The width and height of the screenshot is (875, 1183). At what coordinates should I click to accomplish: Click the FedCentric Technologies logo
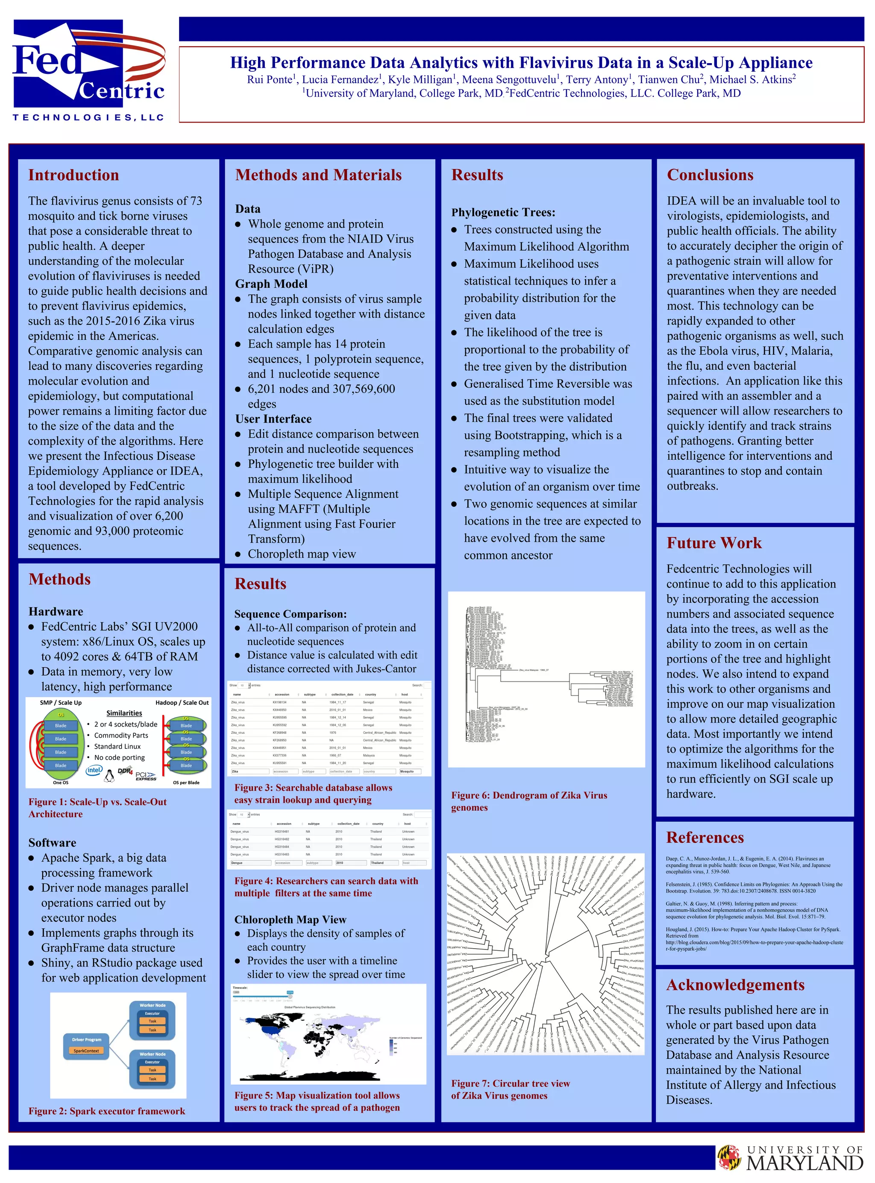coord(89,71)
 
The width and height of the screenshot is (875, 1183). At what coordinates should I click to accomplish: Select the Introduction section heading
coord(73,175)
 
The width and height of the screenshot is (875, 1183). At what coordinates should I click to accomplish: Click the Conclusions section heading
coord(710,175)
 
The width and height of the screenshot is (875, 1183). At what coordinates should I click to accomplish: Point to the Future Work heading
coord(714,543)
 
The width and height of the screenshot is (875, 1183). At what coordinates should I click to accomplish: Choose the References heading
coord(705,837)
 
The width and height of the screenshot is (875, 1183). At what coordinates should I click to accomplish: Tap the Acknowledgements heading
coord(735,984)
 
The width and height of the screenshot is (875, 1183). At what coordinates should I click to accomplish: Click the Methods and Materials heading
coord(318,175)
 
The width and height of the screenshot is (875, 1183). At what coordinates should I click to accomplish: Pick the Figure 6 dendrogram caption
coord(529,801)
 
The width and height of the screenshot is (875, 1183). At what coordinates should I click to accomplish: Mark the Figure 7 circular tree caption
coord(510,1090)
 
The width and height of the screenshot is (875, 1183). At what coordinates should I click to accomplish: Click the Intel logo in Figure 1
coord(94,770)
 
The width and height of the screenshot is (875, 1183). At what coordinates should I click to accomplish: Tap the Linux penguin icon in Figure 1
coord(110,775)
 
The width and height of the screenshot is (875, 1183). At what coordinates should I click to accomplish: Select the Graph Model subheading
coord(271,284)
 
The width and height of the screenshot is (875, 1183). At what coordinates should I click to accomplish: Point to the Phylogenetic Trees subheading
coord(503,213)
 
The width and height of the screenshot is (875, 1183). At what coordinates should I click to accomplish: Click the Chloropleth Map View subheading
coord(290,920)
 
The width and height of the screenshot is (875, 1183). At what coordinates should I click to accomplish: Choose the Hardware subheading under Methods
coord(56,611)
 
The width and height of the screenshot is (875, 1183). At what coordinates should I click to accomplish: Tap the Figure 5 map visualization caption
coord(317,1101)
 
